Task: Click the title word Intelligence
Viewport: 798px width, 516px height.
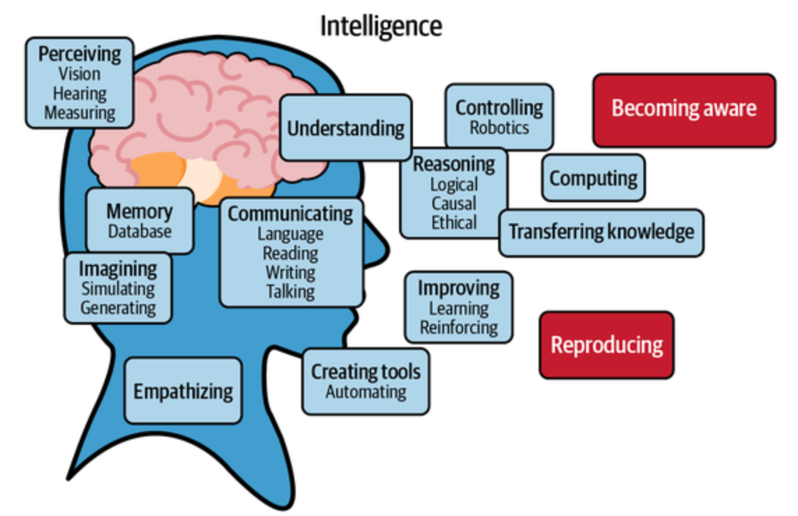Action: coord(381,26)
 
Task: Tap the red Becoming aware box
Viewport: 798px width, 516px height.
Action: coord(684,110)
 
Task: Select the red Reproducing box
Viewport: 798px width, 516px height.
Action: coord(607,345)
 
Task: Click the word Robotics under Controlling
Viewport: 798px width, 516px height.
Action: coord(499,127)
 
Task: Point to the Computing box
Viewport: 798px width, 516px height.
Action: coord(594,178)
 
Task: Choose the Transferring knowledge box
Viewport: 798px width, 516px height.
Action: coord(601,232)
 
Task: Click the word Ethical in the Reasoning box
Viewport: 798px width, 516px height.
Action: coord(454,222)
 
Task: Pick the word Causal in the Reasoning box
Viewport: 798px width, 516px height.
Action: coord(454,203)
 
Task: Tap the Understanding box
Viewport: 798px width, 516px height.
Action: coord(346,128)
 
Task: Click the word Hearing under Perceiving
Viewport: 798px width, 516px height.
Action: coord(80,93)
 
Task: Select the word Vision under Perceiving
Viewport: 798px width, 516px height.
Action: coord(80,74)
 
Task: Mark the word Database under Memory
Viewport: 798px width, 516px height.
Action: coord(140,232)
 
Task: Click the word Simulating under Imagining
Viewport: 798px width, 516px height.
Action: coord(118,289)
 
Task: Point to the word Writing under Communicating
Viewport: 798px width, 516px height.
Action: coord(290,272)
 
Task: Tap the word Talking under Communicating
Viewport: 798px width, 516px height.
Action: coord(290,291)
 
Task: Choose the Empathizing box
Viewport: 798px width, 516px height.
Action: coord(183,390)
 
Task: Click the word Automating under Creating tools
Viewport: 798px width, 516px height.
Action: coord(366,392)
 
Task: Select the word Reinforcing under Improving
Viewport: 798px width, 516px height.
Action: coord(459,327)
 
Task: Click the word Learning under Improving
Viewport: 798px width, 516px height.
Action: coord(459,308)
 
